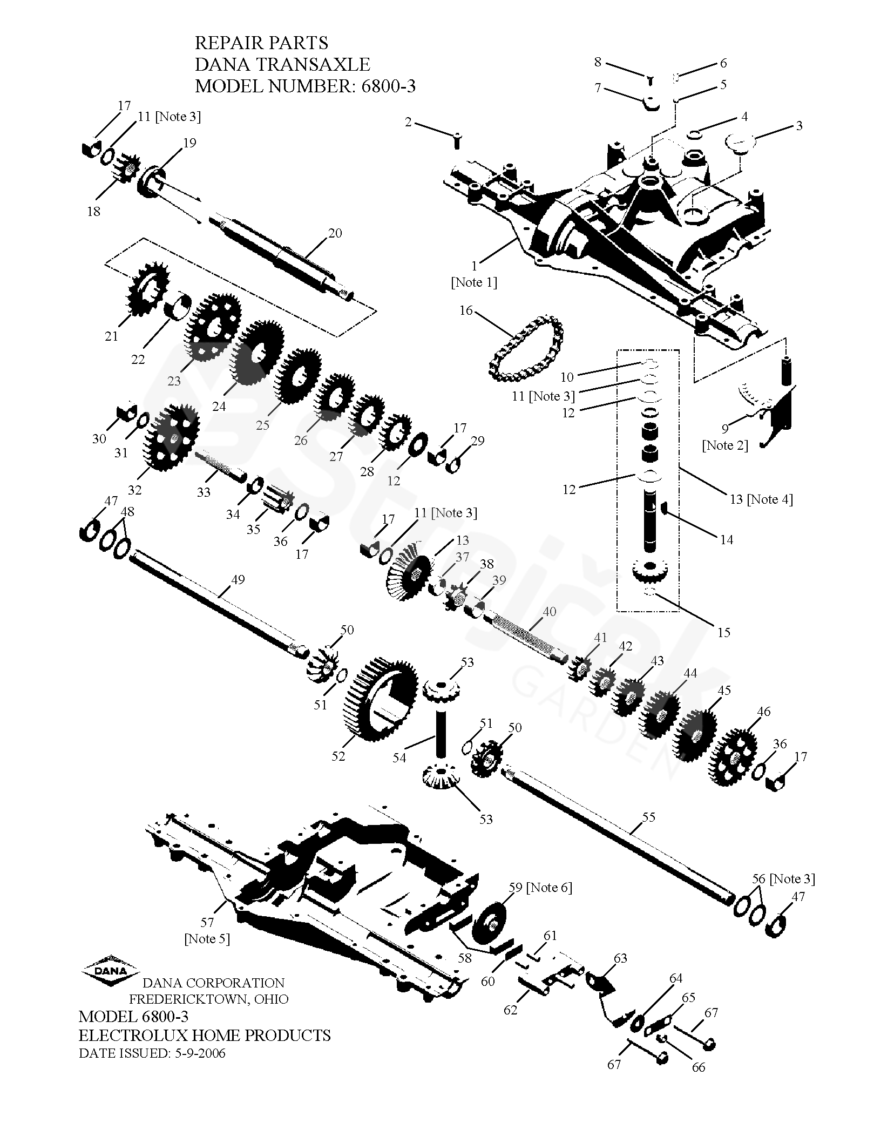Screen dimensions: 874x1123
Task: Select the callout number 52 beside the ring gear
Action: [x=338, y=756]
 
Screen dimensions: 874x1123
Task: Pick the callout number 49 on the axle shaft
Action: [x=238, y=580]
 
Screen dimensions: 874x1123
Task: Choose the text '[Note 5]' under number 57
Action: [x=207, y=939]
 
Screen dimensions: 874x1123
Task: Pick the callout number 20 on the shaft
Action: [x=335, y=233]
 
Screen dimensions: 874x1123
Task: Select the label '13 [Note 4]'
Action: [x=761, y=499]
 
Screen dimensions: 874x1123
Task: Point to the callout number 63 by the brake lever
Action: [x=620, y=958]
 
